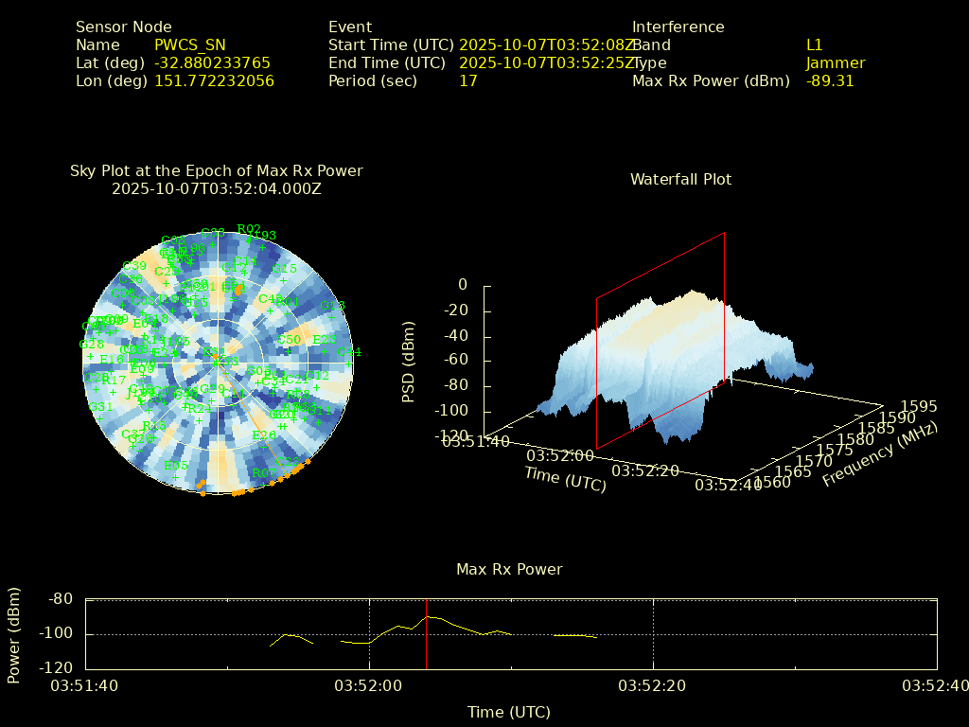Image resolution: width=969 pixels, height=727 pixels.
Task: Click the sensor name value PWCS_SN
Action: (189, 45)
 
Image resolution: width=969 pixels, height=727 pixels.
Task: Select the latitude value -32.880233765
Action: (212, 63)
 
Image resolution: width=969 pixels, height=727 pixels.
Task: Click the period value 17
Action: (467, 81)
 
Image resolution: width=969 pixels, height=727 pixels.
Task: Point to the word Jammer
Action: (835, 63)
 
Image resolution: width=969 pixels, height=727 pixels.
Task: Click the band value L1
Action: (814, 45)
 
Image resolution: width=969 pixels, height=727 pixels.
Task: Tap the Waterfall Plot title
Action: (680, 180)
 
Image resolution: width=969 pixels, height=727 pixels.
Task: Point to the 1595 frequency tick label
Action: (920, 407)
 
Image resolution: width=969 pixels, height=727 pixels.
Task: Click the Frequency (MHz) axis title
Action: (879, 455)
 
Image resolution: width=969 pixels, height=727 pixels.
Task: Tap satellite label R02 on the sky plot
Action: (249, 229)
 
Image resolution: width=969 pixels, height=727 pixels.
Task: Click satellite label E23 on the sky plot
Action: (325, 340)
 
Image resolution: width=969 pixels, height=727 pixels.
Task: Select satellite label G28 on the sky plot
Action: (92, 345)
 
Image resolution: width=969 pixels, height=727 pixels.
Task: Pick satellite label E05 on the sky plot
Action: (176, 466)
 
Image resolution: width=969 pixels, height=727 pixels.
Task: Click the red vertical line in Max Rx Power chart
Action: (426, 634)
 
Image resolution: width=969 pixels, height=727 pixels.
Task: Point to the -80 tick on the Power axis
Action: (62, 599)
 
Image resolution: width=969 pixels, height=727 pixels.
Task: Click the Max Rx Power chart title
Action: (509, 570)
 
